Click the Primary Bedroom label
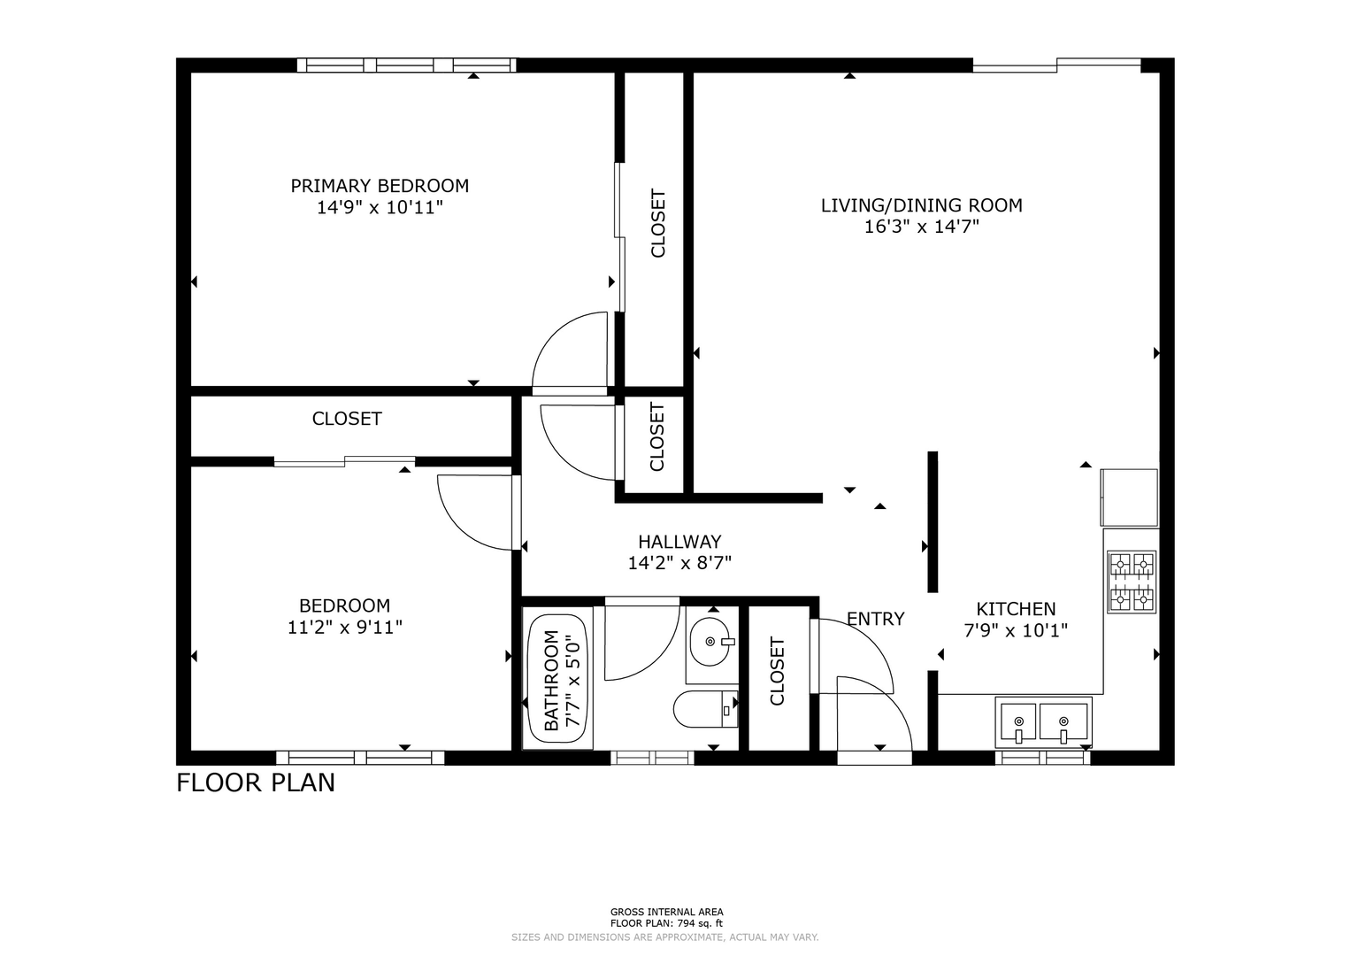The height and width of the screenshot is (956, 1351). click(x=380, y=186)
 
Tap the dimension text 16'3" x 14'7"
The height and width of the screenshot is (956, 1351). click(x=921, y=227)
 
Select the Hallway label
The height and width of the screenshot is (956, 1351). click(x=679, y=542)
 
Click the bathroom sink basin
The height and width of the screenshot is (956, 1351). click(x=710, y=642)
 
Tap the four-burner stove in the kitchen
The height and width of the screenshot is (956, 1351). click(x=1132, y=582)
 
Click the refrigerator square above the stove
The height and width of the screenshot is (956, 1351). click(x=1129, y=497)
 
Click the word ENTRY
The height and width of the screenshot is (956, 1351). click(x=876, y=619)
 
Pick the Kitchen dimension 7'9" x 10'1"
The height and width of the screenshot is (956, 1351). click(x=1016, y=630)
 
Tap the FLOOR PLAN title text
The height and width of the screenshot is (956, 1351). click(x=256, y=783)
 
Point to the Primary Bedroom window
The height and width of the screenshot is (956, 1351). click(x=406, y=66)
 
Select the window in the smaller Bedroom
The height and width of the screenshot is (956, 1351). click(x=360, y=758)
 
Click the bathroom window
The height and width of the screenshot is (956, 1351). click(x=652, y=758)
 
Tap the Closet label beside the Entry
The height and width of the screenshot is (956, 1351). click(x=777, y=671)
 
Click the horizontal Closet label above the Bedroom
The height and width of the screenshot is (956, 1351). click(x=347, y=419)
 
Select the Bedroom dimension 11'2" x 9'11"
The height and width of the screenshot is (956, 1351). click(x=344, y=628)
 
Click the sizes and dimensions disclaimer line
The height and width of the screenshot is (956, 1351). click(x=664, y=937)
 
